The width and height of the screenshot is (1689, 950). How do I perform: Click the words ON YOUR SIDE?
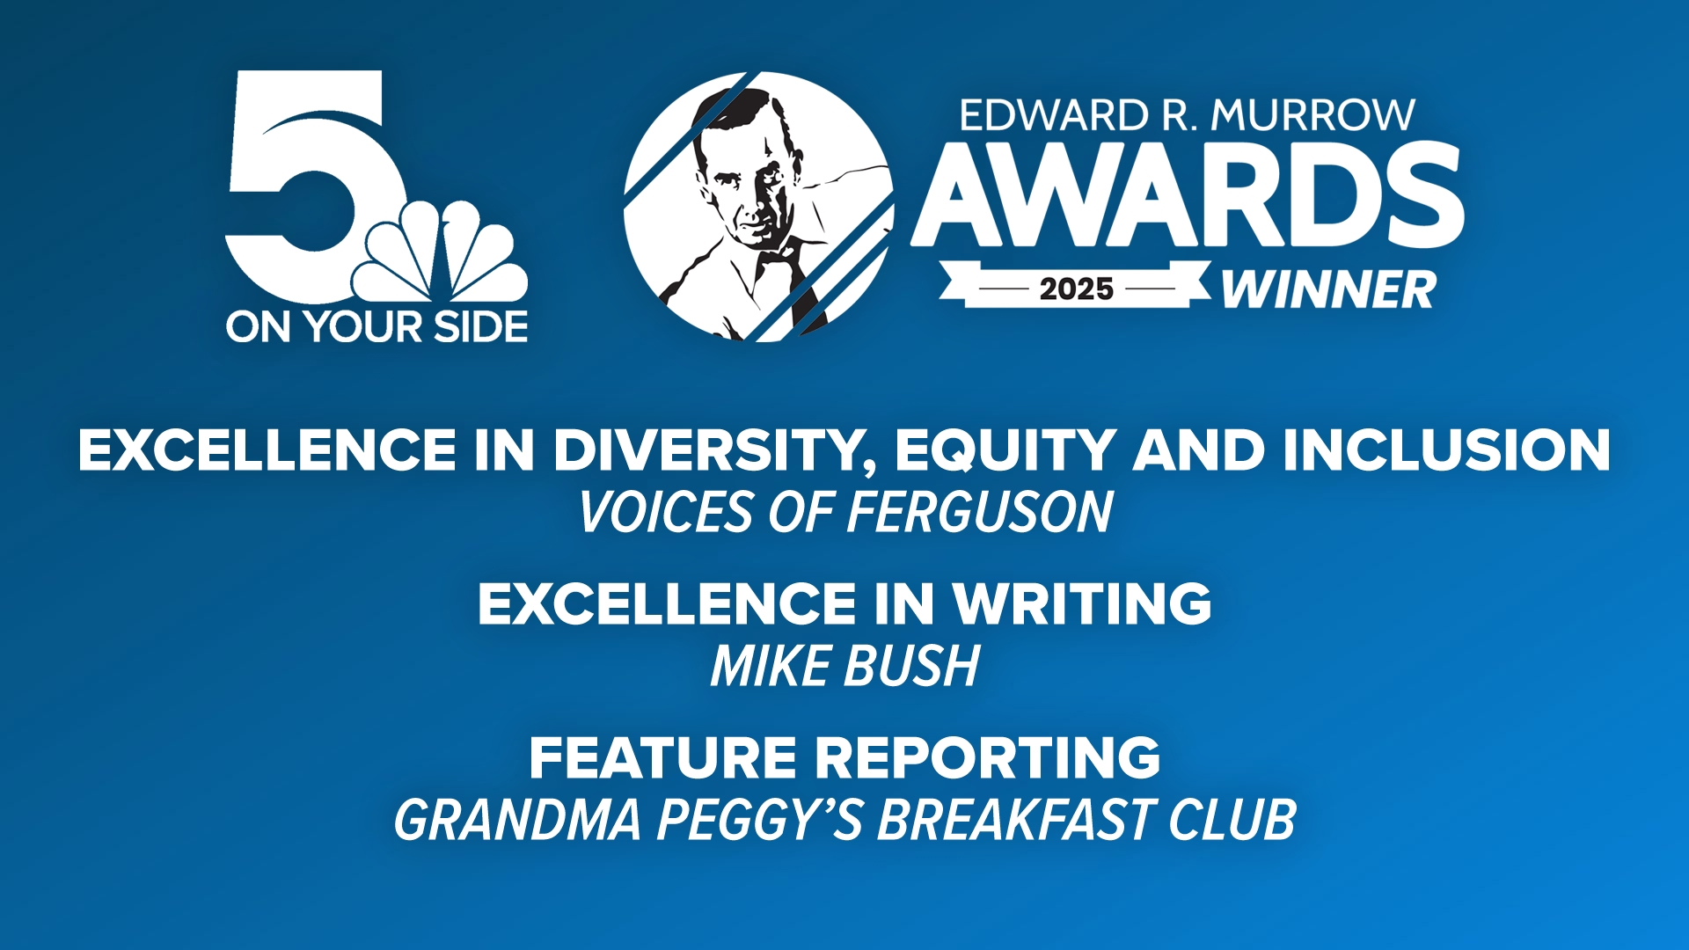point(377,327)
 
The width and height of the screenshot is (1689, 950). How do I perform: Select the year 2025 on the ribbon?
point(1076,289)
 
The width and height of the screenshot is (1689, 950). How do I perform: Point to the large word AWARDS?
point(1188,195)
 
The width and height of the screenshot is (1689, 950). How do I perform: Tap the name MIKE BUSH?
point(844,666)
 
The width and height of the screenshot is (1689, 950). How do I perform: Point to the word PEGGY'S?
point(760,820)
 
